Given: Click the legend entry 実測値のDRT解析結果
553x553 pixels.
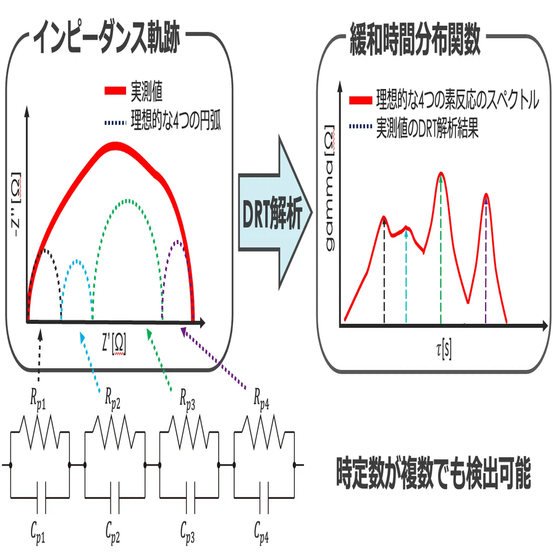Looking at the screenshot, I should point(427,130).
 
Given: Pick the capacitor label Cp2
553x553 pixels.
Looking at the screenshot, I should point(112,530).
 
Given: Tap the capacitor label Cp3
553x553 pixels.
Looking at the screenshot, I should point(188,530).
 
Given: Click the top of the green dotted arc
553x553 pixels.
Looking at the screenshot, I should point(128,200).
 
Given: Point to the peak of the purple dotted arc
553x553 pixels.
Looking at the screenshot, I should point(177,242).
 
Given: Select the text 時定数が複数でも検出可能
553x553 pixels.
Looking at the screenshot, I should point(433,474).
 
